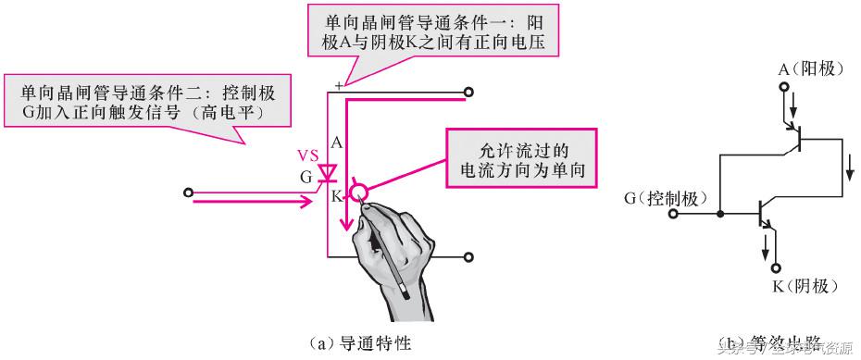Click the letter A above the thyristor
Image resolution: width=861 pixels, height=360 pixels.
336,143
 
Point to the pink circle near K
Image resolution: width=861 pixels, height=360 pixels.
359,192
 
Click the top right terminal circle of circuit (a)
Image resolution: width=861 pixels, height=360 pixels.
469,93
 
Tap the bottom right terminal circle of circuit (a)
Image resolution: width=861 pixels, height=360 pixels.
469,256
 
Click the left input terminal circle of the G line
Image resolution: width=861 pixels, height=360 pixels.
189,192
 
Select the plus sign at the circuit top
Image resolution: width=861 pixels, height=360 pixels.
340,85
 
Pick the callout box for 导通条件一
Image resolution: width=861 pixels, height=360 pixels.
405,33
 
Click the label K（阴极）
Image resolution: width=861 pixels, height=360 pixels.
805,285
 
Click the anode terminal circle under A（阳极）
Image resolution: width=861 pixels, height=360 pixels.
785,88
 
